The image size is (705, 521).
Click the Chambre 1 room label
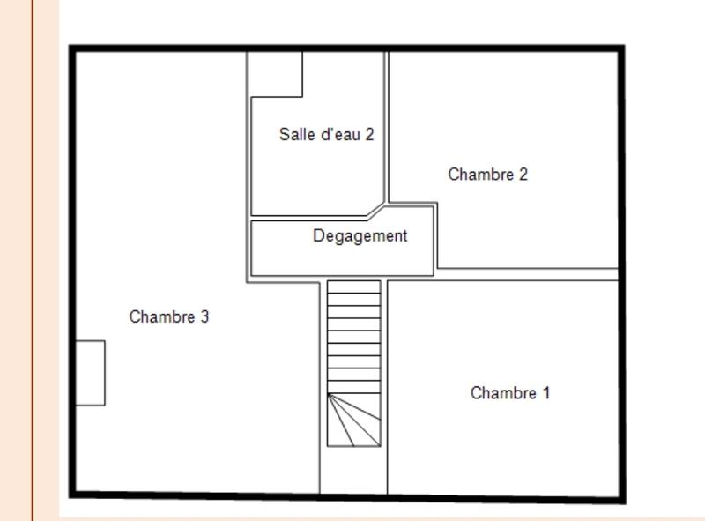point(509,393)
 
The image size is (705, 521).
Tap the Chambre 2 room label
point(487,175)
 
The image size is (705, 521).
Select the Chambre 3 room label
point(168,317)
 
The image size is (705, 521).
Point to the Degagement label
point(360,236)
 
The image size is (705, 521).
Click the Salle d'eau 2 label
point(326,135)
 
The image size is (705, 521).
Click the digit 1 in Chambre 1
point(545,393)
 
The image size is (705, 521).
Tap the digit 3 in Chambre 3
point(204,317)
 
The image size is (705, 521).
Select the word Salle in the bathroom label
point(294,135)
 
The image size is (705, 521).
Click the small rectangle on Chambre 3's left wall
point(90,373)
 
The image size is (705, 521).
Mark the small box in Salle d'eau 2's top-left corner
point(276,74)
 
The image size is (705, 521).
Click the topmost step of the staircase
point(354,287)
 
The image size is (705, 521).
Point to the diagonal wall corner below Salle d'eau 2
point(376,210)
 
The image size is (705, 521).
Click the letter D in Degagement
point(318,236)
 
